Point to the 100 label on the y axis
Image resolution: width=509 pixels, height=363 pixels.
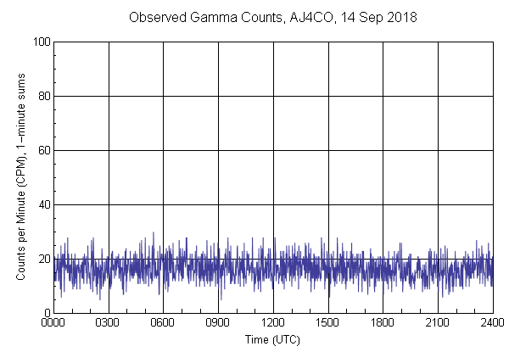coord(41,42)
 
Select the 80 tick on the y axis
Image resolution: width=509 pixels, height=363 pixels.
coord(43,96)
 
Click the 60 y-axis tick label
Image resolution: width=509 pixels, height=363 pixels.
coord(43,150)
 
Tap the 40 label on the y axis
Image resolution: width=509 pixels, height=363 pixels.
coord(43,204)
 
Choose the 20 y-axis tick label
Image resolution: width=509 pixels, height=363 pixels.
coord(43,259)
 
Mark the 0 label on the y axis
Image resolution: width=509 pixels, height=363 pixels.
coord(46,313)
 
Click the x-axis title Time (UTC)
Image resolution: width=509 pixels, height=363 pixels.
coord(272,340)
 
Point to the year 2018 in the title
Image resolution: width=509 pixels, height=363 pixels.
coord(400,17)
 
